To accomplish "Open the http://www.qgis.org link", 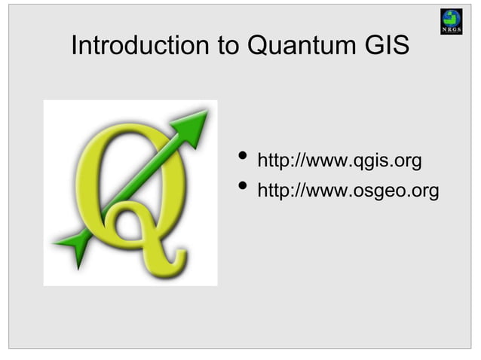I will pos(339,162).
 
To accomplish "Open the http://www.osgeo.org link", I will pos(348,192).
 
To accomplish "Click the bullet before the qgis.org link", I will pos(242,158).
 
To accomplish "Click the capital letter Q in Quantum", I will pos(259,47).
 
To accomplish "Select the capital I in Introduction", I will pos(75,46).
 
